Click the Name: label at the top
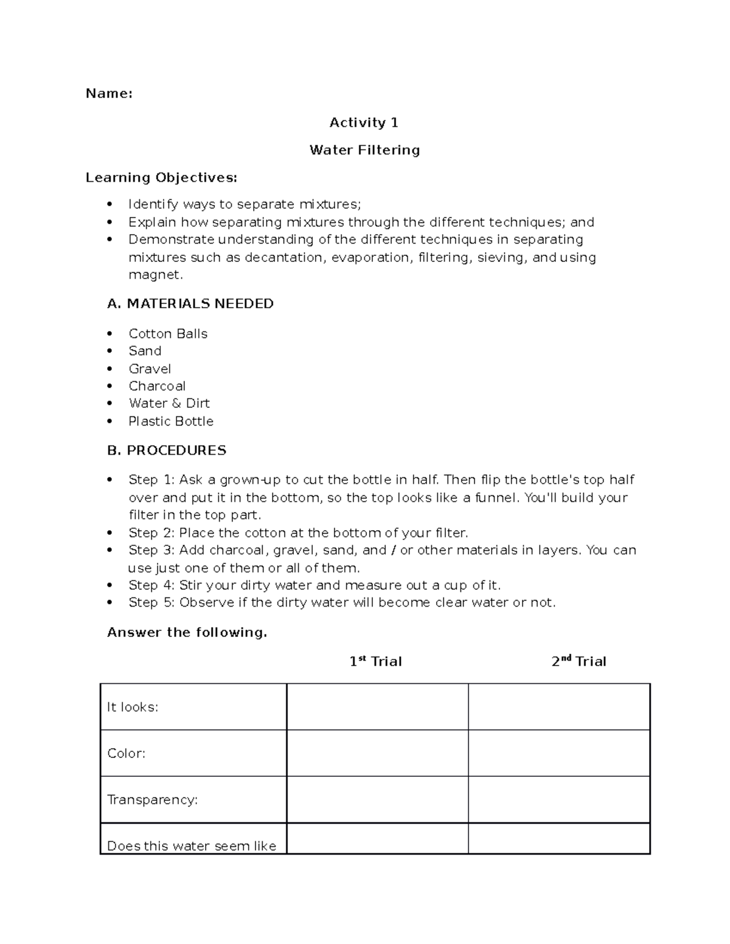[109, 94]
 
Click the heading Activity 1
[364, 123]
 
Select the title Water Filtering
[364, 150]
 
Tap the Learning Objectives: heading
[161, 177]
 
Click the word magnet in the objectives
[155, 275]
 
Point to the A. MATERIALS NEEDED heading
[190, 304]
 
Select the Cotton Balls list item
[168, 334]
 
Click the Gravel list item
[150, 369]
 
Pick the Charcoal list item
[157, 386]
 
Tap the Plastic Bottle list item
[171, 421]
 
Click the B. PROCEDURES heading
[167, 450]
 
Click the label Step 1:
[151, 480]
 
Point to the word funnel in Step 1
[497, 498]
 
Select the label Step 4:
[151, 585]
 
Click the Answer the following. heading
[187, 633]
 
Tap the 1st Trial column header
[375, 661]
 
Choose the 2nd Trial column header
[579, 661]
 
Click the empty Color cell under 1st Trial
[377, 753]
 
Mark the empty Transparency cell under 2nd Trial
[559, 799]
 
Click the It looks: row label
[133, 707]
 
